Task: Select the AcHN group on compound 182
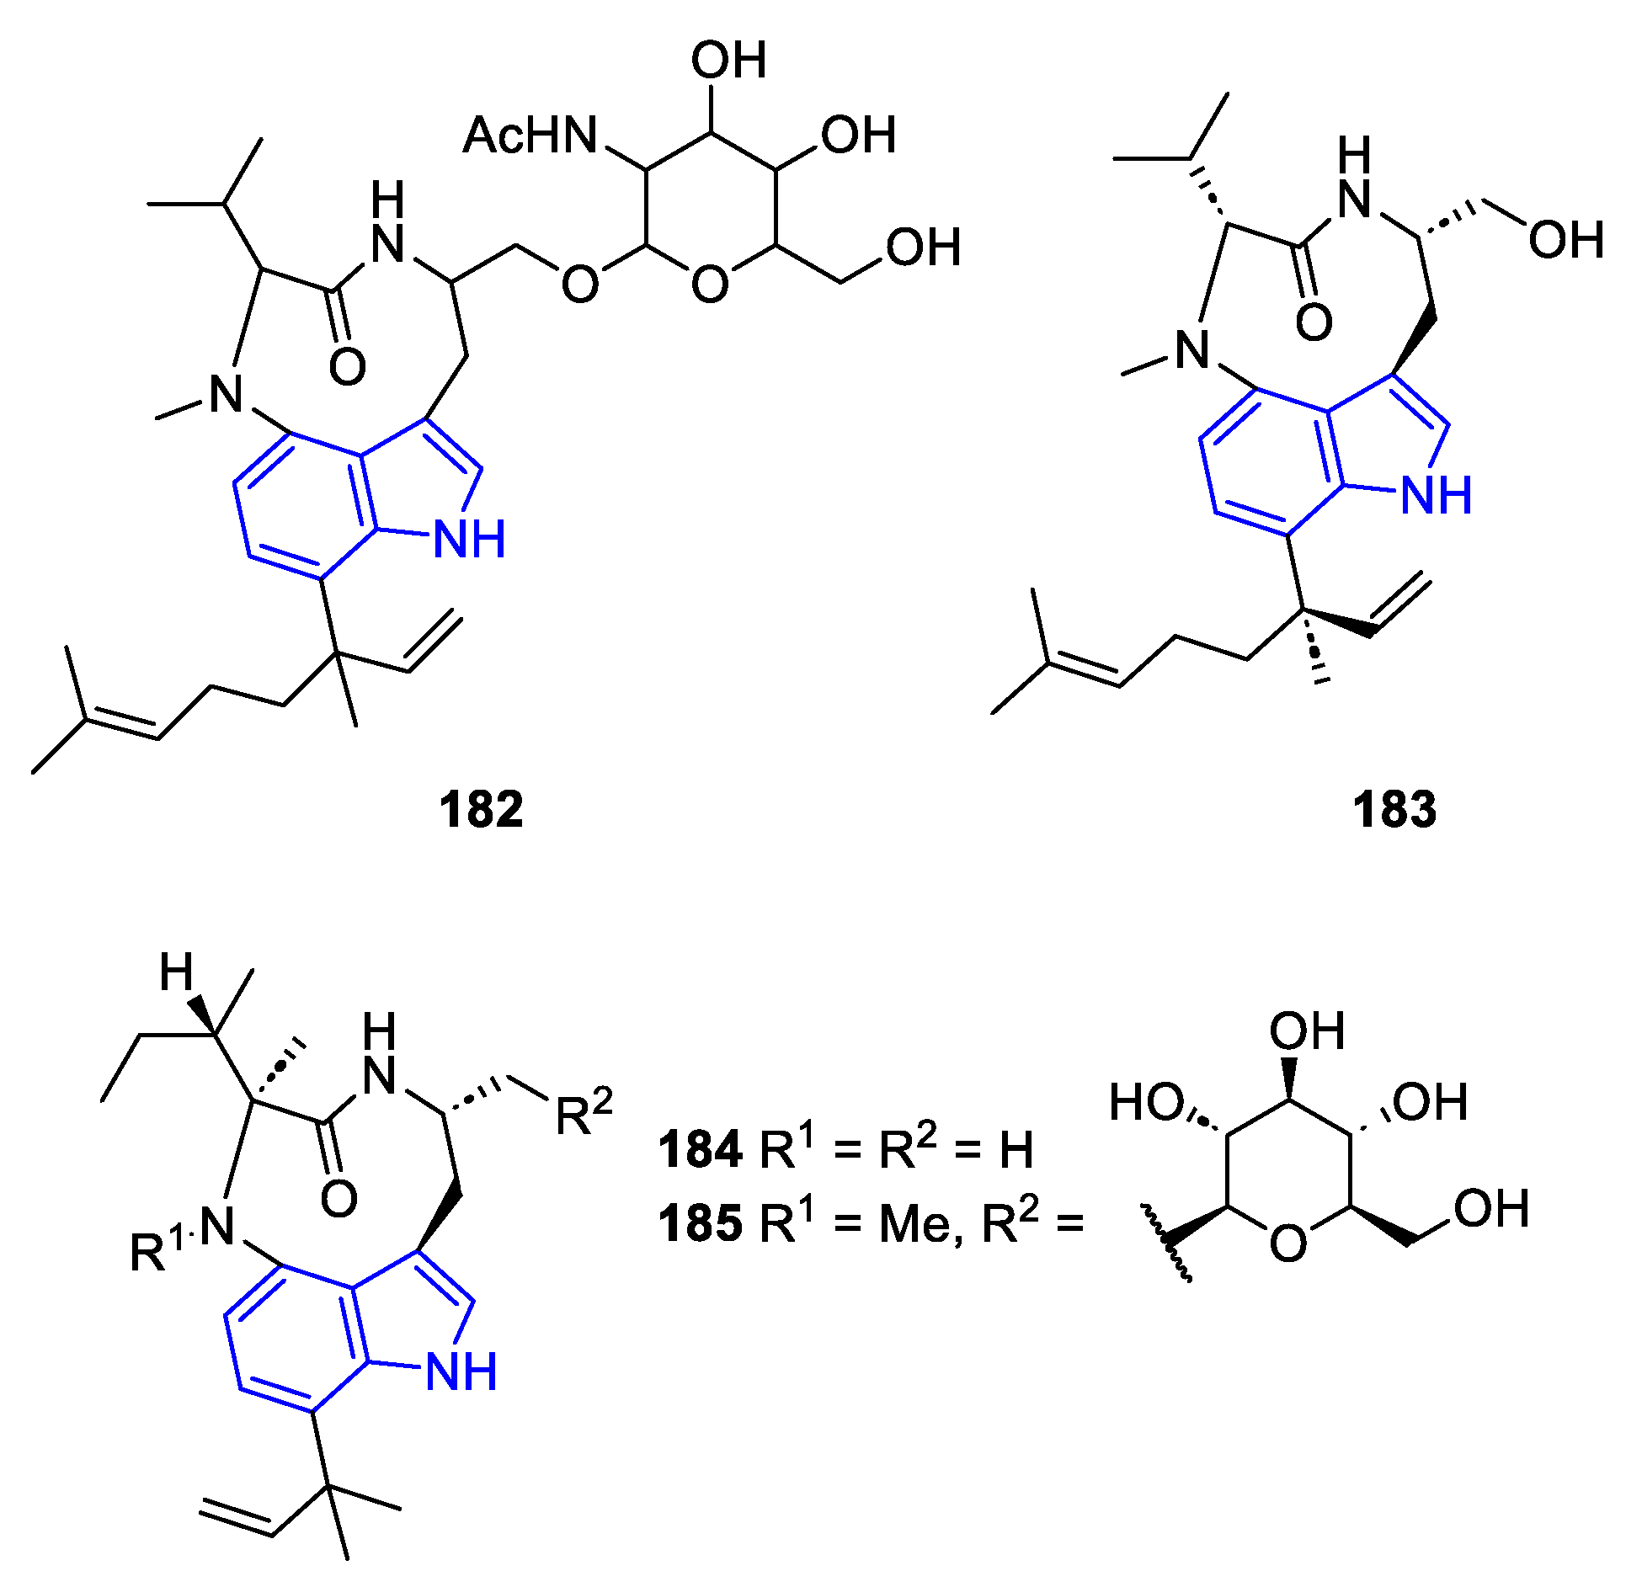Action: coord(530,136)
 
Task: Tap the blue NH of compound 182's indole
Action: coord(469,539)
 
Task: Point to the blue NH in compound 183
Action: coord(1437,494)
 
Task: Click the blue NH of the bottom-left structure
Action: coord(461,1371)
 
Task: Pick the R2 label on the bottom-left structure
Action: coord(584,1113)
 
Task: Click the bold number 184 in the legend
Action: coord(700,1150)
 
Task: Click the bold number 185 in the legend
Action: coord(700,1224)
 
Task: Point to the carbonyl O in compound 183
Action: coord(1314,322)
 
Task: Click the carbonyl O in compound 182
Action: coord(347,367)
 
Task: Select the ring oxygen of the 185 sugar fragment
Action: coord(1288,1243)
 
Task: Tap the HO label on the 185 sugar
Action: coord(1146,1102)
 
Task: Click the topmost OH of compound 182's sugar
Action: coord(728,61)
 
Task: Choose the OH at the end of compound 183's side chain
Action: coord(1565,240)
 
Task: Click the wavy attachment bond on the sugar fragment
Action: coord(1167,1244)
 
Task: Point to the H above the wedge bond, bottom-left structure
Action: coord(177,974)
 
